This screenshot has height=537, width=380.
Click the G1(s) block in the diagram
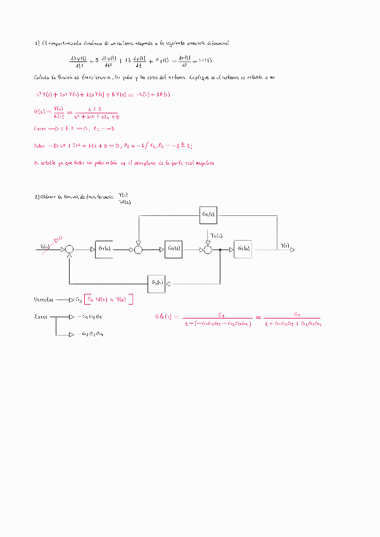(104, 250)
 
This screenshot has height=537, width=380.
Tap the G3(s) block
(243, 250)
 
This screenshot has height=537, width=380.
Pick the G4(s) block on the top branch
(208, 215)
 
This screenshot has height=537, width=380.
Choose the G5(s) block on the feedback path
(157, 282)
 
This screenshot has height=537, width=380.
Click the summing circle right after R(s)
(70, 250)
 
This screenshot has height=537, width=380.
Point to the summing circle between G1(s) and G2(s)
(138, 250)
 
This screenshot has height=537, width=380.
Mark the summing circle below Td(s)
(207, 250)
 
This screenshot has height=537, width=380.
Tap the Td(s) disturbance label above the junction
(216, 236)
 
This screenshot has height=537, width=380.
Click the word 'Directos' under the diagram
(44, 299)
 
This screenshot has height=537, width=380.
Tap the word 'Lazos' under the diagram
(41, 316)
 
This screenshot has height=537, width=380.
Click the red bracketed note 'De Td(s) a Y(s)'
(106, 299)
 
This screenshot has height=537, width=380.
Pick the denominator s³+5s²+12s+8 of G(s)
(96, 117)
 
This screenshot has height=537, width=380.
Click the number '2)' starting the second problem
(36, 197)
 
